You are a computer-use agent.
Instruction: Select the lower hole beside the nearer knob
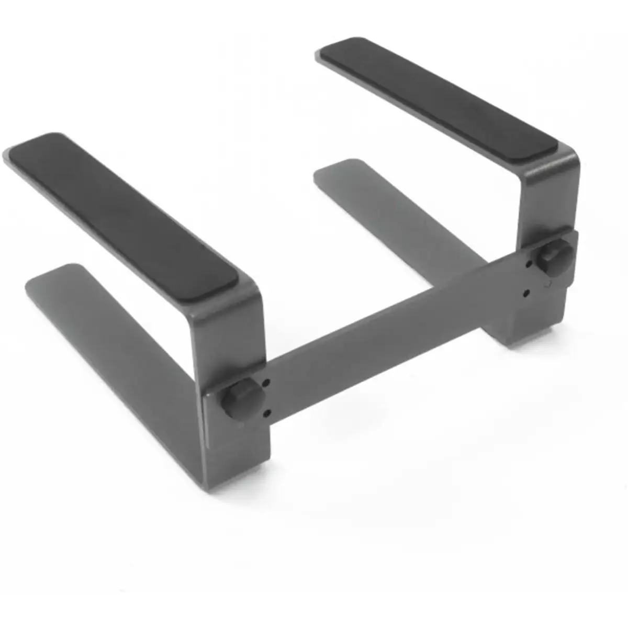point(267,413)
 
